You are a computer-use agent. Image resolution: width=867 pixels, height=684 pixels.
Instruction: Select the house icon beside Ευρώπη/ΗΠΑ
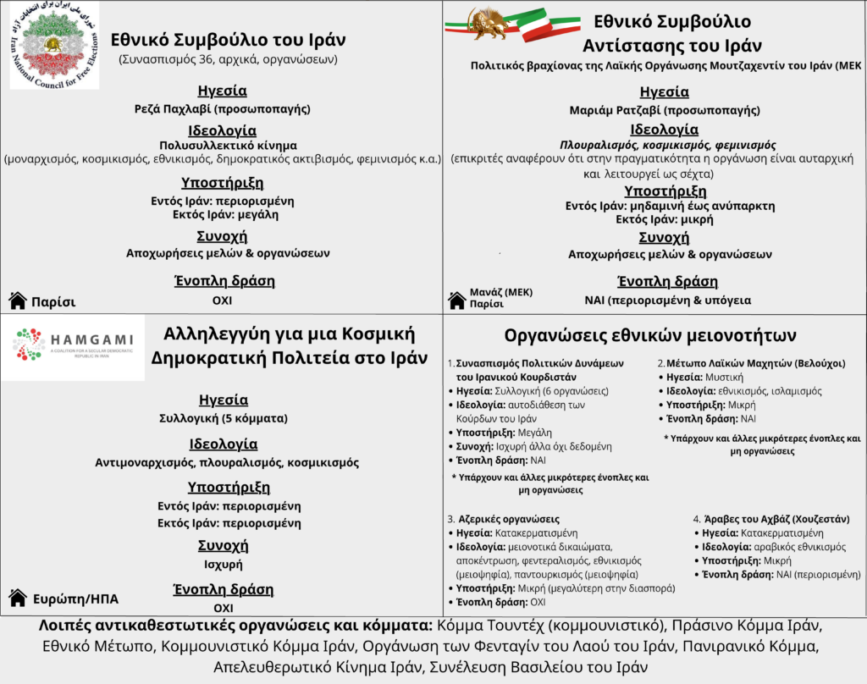(x=17, y=598)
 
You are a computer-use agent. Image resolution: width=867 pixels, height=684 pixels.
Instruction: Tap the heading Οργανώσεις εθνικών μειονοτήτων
(x=649, y=334)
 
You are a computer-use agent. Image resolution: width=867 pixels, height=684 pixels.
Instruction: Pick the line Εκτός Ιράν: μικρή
(x=652, y=219)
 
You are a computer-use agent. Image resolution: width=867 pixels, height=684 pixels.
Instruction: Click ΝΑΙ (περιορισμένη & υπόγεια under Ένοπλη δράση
(x=667, y=300)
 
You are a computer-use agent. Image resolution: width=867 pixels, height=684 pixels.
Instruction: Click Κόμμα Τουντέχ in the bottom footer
(x=479, y=627)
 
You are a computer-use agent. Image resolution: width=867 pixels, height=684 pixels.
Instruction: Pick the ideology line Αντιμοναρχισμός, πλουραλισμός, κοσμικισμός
(x=226, y=463)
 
